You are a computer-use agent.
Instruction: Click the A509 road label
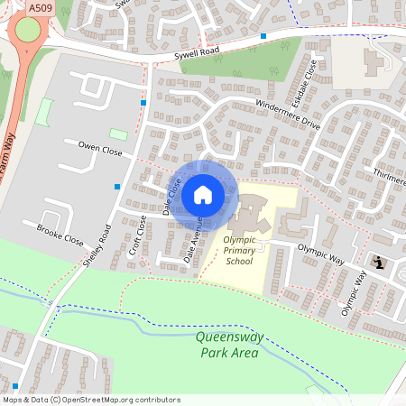pos(40,7)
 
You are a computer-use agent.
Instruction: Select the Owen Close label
pos(99,148)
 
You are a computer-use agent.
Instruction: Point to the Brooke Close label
pos(60,236)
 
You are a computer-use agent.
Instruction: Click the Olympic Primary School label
pos(240,251)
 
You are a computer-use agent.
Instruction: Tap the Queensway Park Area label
pos(226,345)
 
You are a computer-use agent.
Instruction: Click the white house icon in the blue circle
pos(202,195)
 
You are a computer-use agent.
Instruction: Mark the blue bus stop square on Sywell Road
pos(263,36)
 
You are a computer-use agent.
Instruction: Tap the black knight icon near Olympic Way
pos(380,263)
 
